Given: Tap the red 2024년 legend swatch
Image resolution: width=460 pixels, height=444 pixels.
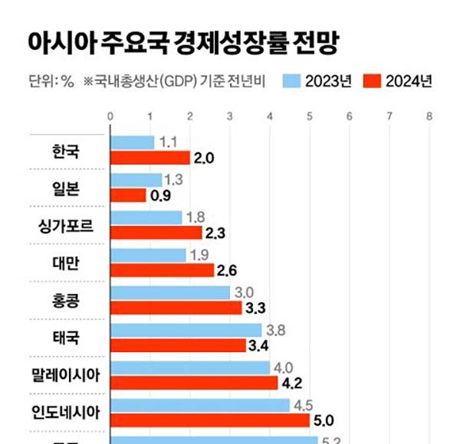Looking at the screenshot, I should (372, 81).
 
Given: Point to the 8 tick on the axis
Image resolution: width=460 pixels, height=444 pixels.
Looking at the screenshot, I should (429, 116).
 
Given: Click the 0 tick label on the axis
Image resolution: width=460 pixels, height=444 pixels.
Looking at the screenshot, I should (111, 116).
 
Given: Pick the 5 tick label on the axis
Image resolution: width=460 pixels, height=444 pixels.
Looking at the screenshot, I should (309, 116).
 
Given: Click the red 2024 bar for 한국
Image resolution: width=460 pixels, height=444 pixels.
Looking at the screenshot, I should (150, 158).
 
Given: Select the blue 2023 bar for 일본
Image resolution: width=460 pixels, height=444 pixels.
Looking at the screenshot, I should (136, 180).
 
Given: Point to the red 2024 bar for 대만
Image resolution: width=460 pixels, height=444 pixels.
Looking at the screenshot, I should (163, 270).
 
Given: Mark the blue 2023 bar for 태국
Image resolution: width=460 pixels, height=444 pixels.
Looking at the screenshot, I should (186, 330).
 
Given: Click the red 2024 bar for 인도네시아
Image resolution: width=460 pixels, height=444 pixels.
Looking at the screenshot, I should (210, 420).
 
